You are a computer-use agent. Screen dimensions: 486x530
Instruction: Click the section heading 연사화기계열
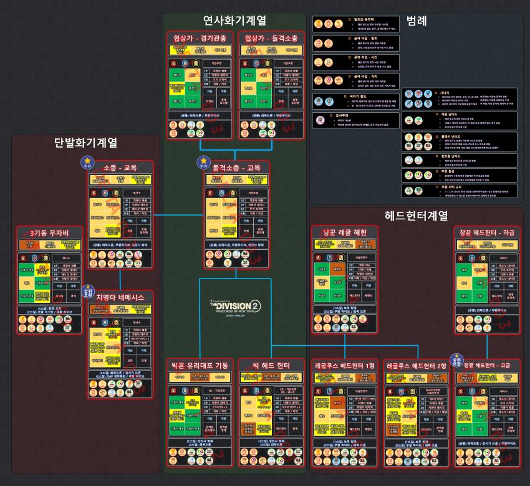(234, 21)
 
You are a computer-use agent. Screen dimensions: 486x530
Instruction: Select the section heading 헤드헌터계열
(417, 216)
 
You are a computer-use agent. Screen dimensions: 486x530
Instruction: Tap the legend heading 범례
(416, 21)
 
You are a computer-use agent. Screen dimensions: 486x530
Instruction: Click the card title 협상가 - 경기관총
(200, 39)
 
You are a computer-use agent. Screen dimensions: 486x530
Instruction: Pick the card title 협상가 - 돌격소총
(271, 39)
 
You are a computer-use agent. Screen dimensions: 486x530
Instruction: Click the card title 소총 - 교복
(120, 168)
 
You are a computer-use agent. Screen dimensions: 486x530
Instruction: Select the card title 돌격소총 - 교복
(237, 168)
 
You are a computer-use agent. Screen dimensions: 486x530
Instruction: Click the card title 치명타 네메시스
(120, 297)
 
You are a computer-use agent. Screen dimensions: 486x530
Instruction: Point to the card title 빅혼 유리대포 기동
(200, 365)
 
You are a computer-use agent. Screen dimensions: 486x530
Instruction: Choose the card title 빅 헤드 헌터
(271, 365)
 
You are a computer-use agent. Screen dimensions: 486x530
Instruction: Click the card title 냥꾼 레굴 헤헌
(345, 232)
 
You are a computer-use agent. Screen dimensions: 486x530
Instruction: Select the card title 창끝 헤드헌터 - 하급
(487, 232)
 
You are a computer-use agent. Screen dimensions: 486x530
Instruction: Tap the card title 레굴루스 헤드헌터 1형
(345, 365)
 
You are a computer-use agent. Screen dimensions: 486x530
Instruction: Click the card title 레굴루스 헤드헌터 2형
(417, 365)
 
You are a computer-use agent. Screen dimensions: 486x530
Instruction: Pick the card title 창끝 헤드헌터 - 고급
(487, 365)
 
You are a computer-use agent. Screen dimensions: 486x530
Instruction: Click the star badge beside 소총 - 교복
(86, 162)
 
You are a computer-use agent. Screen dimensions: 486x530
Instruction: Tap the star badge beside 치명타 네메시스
(88, 291)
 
